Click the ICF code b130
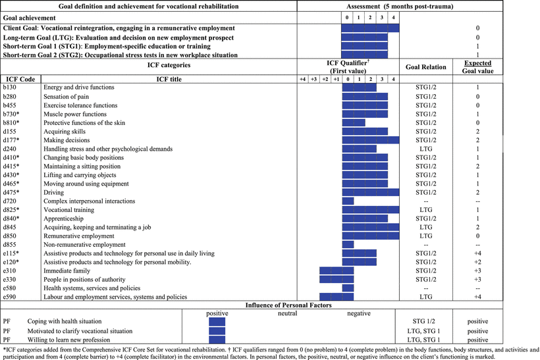(x=11, y=87)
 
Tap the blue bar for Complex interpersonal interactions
(x=348, y=201)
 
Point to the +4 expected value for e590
(x=482, y=296)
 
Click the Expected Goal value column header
(x=482, y=66)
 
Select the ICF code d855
(x=11, y=244)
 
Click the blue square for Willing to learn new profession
(x=217, y=340)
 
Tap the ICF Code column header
(x=19, y=78)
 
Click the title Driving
(x=54, y=192)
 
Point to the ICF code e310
(x=10, y=270)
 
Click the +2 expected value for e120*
(x=482, y=262)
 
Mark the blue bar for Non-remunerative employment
(x=348, y=244)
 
